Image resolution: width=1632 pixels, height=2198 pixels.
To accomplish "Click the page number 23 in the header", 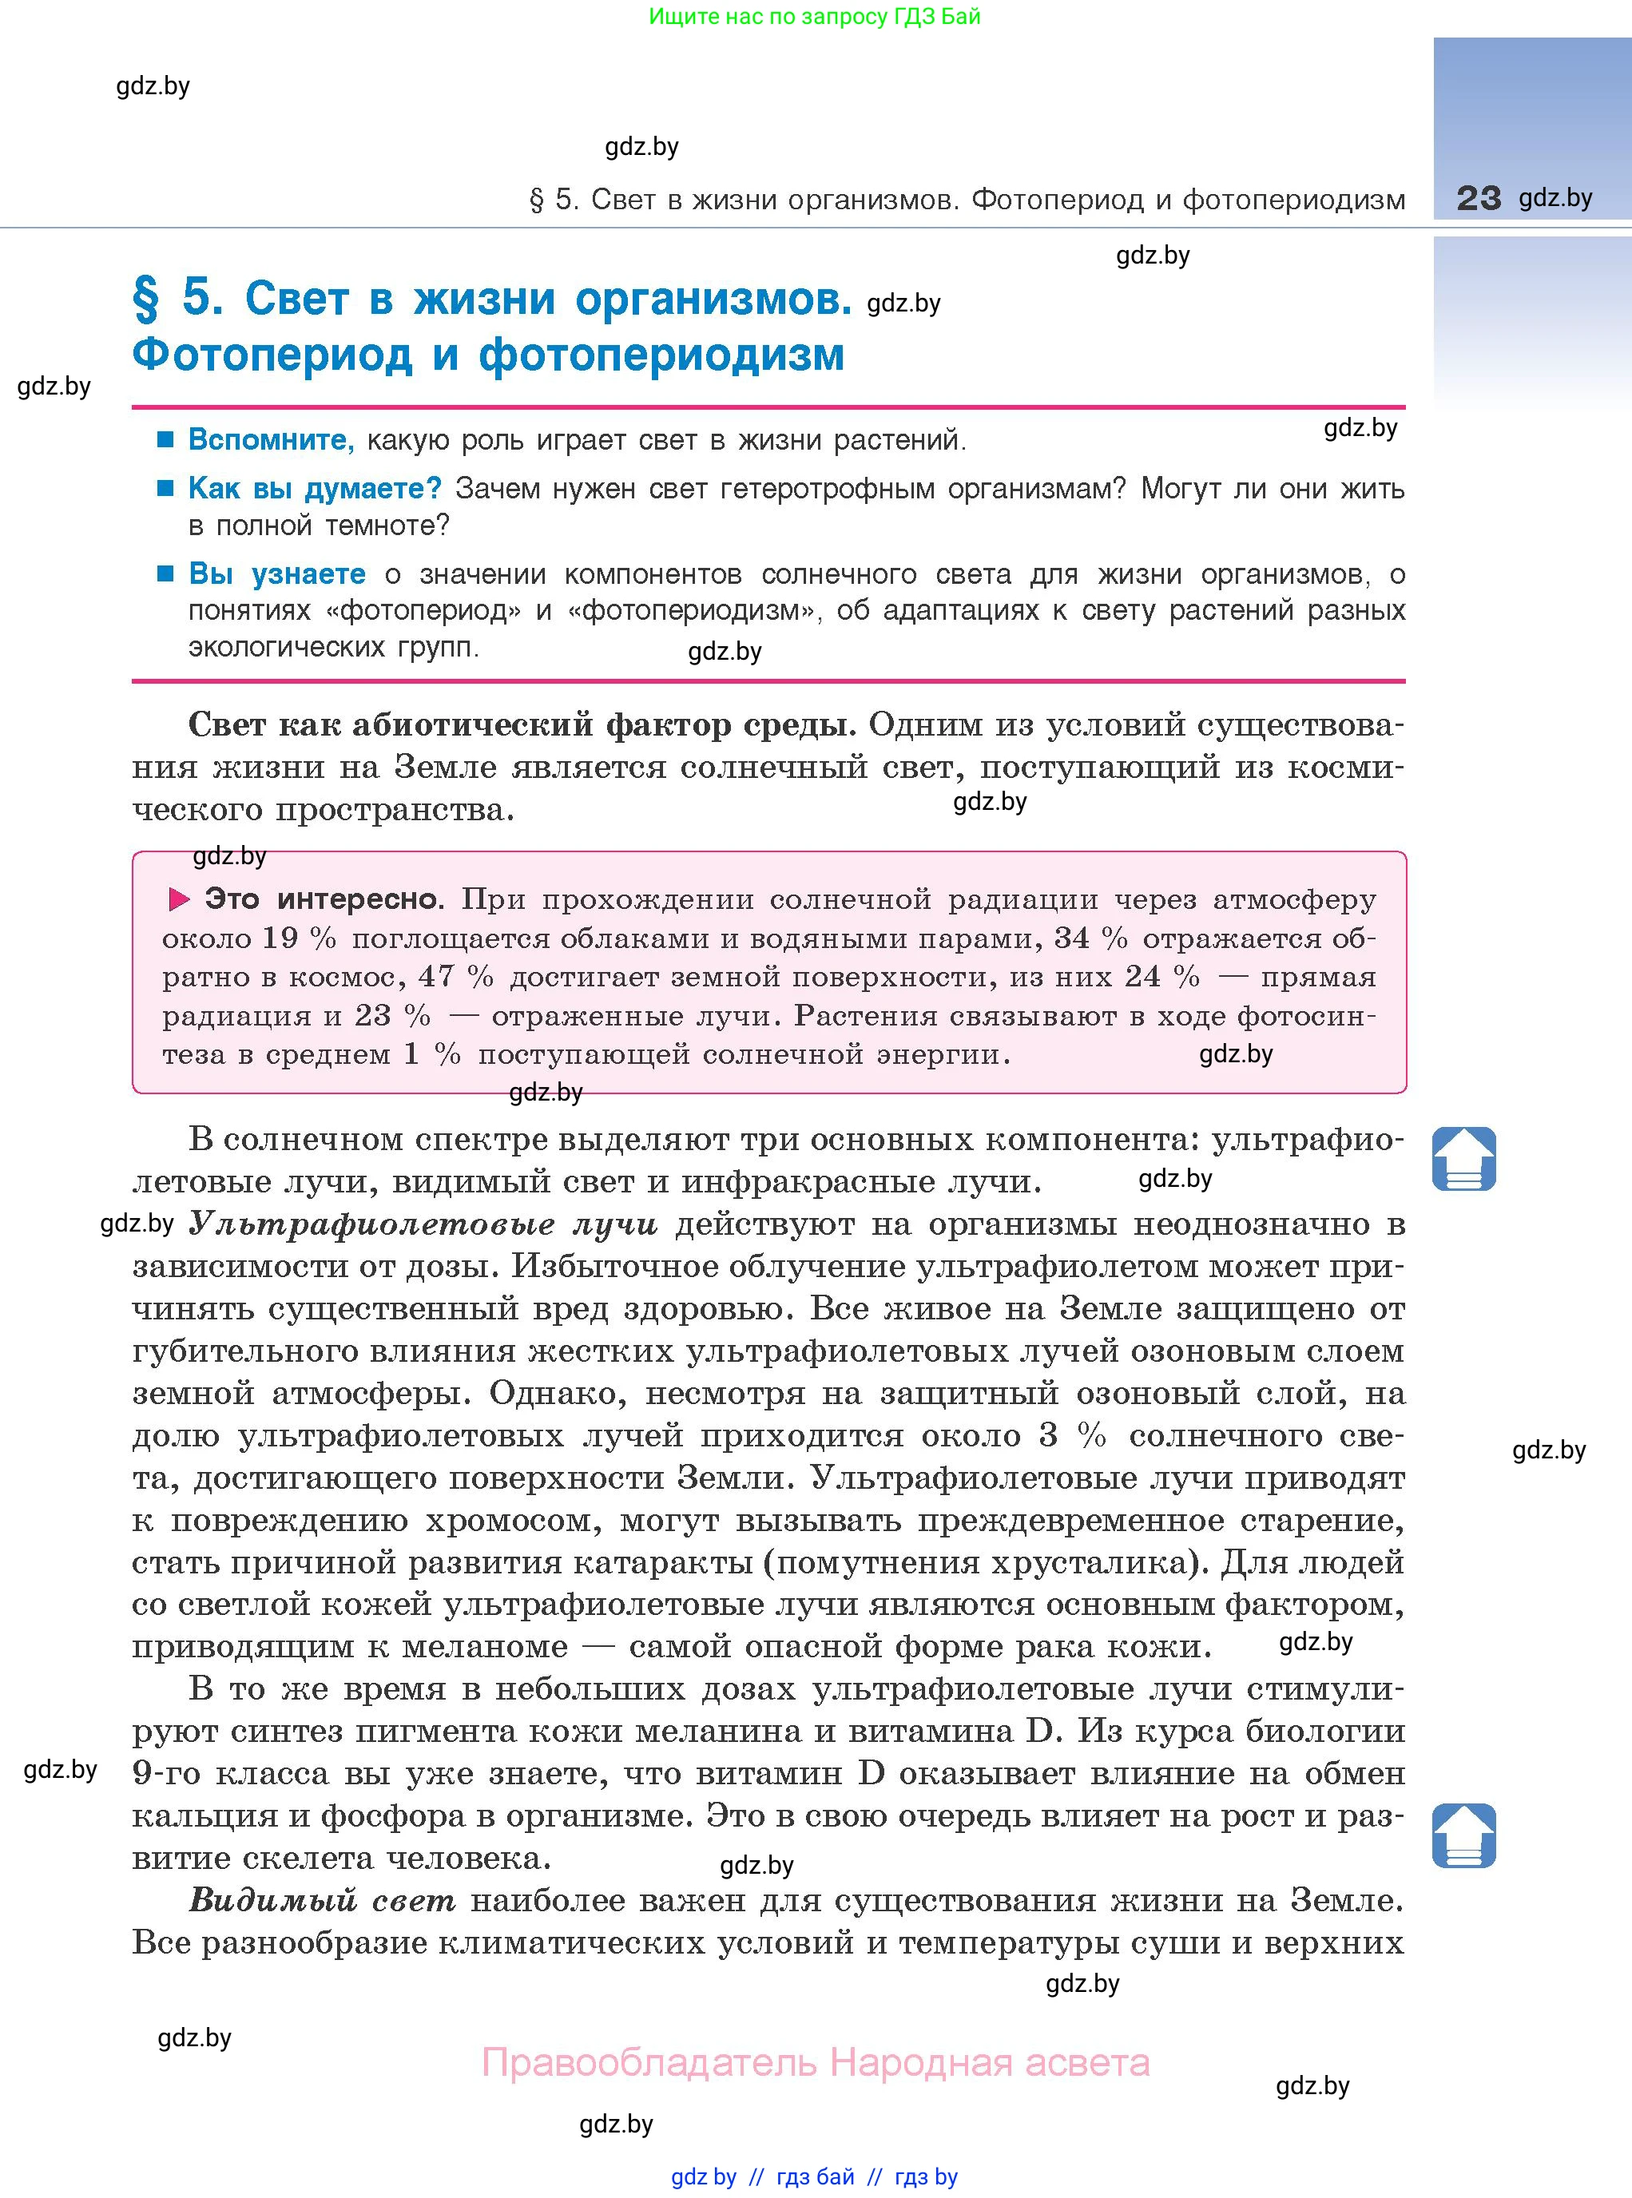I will (x=1478, y=199).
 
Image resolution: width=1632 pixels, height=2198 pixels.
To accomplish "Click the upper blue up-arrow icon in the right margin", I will (x=1463, y=1158).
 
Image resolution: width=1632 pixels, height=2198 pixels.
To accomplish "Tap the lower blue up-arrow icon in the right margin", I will (x=1463, y=1835).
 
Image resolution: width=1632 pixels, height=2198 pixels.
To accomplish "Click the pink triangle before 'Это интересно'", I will (x=180, y=899).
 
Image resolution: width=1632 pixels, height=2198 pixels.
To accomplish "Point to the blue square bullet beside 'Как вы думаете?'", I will (x=166, y=488).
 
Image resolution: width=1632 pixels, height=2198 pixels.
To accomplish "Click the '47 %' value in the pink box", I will (x=455, y=976).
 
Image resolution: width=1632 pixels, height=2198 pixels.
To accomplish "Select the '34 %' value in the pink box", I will (x=1090, y=938).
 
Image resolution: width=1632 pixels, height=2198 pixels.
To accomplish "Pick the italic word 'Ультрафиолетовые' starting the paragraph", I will (x=371, y=1224).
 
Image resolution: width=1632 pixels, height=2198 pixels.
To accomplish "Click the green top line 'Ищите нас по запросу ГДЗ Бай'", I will (x=815, y=17).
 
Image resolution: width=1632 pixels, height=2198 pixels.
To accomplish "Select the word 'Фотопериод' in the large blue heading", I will (x=272, y=355).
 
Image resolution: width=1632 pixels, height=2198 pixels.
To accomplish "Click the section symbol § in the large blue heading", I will (x=146, y=299).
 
